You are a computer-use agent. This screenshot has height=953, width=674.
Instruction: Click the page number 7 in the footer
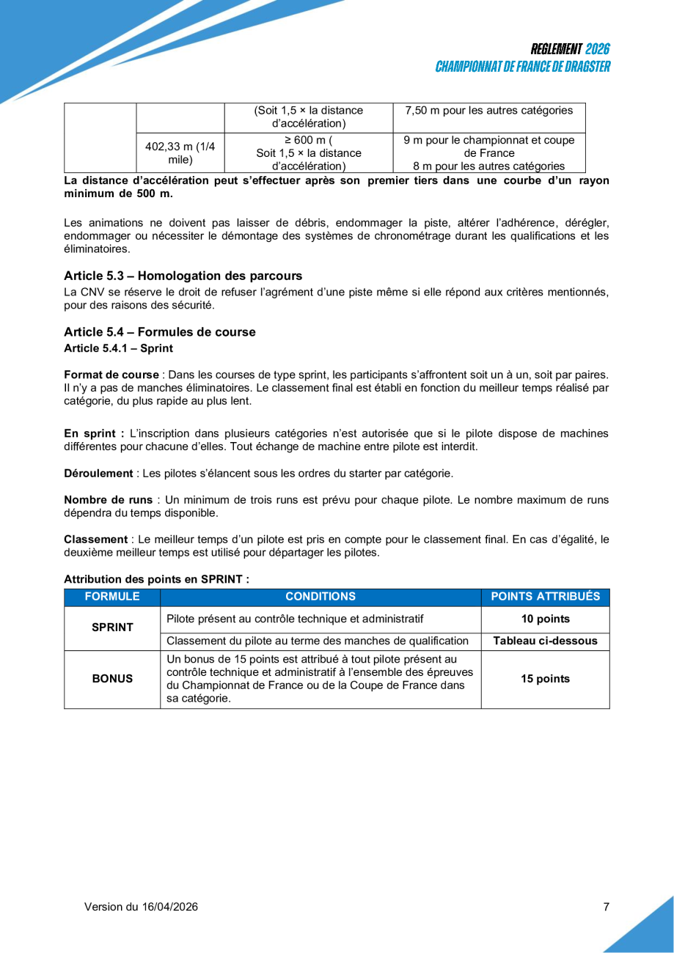click(606, 907)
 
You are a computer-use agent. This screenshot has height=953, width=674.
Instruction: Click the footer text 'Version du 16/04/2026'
click(141, 907)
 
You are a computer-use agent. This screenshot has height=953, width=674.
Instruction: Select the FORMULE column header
click(112, 597)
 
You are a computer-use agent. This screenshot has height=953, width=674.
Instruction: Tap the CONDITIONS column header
click(320, 597)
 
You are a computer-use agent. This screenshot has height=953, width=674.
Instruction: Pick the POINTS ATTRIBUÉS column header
click(545, 597)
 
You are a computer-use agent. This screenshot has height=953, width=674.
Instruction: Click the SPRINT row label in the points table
click(112, 627)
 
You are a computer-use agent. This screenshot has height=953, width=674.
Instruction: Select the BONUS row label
click(112, 679)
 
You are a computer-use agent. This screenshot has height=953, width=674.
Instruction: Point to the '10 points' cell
click(545, 619)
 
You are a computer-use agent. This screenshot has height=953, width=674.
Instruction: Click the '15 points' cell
click(545, 679)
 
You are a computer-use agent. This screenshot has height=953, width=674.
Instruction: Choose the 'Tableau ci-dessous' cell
click(545, 641)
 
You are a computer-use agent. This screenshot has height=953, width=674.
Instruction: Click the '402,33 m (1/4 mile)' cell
click(180, 152)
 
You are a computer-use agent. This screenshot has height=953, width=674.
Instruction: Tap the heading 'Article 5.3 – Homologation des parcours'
click(183, 276)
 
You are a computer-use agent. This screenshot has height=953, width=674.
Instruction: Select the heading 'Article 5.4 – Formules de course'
click(160, 332)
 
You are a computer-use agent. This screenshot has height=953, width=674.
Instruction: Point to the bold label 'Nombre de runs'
click(109, 500)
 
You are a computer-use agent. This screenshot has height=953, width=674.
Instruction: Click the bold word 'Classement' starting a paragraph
click(94, 540)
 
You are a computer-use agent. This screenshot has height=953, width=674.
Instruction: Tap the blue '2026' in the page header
click(598, 49)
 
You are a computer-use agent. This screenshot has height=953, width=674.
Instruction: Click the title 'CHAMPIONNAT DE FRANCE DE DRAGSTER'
click(522, 67)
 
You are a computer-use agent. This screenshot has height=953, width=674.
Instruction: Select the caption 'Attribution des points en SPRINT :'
click(157, 579)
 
